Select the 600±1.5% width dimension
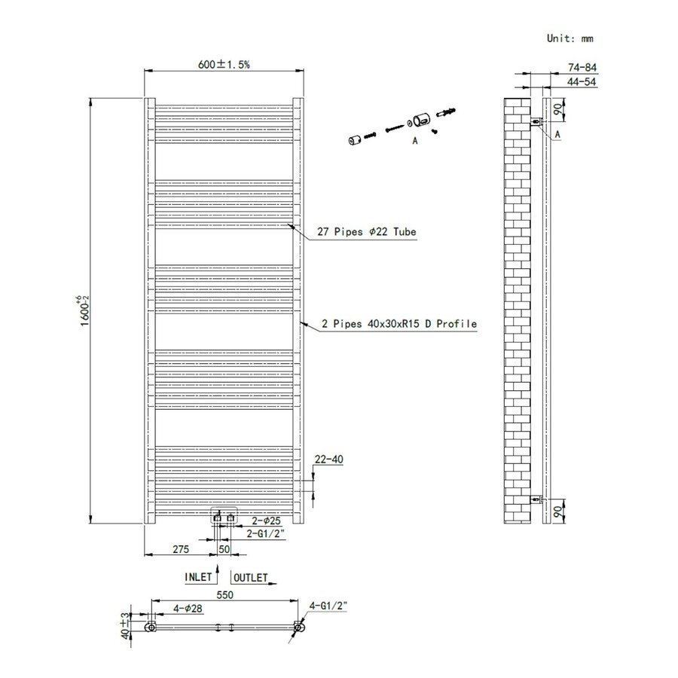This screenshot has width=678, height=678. pyautogui.click(x=224, y=65)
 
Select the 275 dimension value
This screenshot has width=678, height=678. pyautogui.click(x=181, y=550)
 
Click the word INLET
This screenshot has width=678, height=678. pyautogui.click(x=199, y=578)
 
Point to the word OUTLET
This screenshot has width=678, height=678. pyautogui.click(x=251, y=578)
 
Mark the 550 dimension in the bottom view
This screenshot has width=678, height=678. pyautogui.click(x=225, y=594)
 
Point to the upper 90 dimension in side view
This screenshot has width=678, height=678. pyautogui.click(x=557, y=110)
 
